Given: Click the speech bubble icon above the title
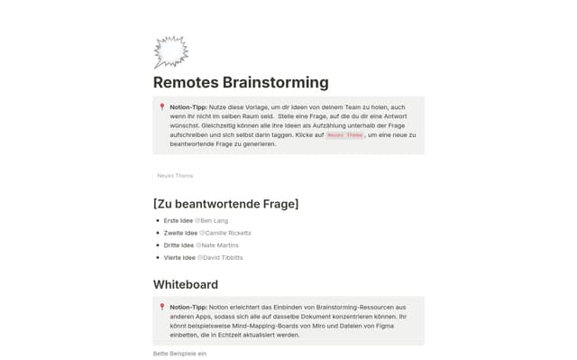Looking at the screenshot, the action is [169, 52].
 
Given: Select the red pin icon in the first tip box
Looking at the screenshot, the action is [162, 107].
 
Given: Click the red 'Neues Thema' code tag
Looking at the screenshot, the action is [344, 134].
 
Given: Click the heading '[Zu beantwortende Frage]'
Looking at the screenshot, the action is [225, 203].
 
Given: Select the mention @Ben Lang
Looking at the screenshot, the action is [213, 220].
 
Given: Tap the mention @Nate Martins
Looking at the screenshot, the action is [219, 245].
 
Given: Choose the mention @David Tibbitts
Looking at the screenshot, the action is [221, 257].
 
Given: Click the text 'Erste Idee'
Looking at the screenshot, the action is [179, 220].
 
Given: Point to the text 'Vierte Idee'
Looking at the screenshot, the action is [179, 257].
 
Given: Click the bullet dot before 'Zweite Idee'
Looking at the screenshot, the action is [158, 233].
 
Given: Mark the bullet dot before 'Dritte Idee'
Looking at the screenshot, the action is [158, 245].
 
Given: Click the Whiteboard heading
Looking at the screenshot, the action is [186, 284].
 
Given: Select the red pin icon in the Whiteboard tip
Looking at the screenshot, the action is [162, 308].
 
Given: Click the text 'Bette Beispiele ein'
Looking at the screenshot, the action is [179, 353].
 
